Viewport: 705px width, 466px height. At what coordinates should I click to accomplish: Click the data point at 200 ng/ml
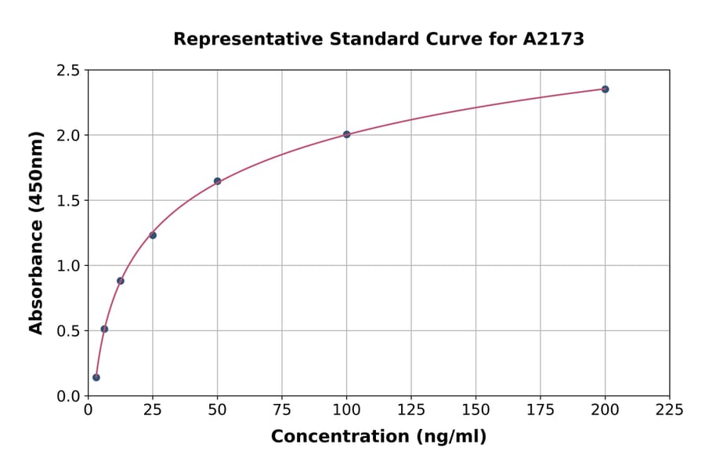click(x=605, y=89)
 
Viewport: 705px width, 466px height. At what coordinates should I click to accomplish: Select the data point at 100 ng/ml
click(x=346, y=134)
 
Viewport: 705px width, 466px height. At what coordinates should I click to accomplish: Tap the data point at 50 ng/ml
click(x=217, y=181)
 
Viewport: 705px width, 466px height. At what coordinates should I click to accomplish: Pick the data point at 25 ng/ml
click(x=153, y=235)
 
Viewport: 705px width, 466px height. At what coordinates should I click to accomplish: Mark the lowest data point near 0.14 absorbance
click(x=96, y=377)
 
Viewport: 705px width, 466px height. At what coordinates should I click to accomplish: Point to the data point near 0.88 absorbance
click(x=120, y=281)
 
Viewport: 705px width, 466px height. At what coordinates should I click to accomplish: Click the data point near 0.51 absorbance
click(x=104, y=329)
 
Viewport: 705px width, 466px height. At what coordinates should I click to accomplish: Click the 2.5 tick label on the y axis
click(x=67, y=71)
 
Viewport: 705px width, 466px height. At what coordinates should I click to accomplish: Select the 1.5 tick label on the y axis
click(x=67, y=201)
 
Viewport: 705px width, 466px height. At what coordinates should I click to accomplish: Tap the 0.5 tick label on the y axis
click(x=67, y=331)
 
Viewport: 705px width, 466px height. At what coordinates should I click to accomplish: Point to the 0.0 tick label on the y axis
click(x=67, y=396)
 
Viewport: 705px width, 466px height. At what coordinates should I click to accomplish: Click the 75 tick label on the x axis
click(x=282, y=410)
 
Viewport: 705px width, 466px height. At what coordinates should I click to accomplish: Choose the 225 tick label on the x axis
click(x=670, y=410)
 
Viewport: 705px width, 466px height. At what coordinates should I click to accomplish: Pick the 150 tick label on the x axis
click(x=475, y=410)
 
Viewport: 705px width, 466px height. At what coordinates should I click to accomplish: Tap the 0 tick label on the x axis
click(x=88, y=410)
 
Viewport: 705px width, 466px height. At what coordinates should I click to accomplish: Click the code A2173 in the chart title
click(x=553, y=38)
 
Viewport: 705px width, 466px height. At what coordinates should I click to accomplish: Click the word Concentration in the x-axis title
click(x=339, y=436)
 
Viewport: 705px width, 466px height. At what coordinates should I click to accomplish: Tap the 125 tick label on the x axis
click(x=411, y=410)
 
